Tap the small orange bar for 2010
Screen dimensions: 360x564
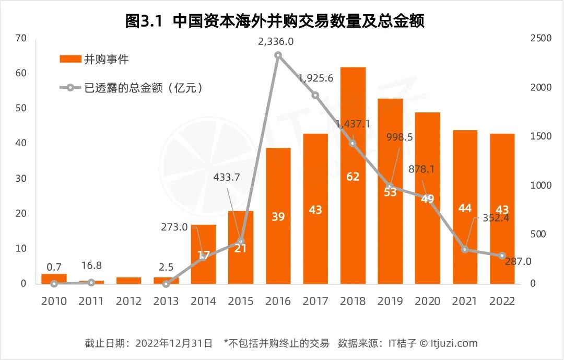coord(54,277)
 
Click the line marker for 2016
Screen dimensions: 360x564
coord(278,55)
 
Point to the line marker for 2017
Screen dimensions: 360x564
coord(315,95)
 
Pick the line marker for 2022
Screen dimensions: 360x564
coord(502,256)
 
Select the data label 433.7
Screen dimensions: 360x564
coord(227,177)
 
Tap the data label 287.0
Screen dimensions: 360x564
coord(518,261)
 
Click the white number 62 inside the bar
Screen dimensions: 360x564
coord(352,177)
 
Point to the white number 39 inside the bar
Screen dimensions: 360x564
coord(278,216)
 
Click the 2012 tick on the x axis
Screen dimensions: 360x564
coord(128,301)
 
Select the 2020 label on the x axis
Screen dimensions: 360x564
coord(428,301)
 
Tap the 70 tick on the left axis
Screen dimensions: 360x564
coord(21,38)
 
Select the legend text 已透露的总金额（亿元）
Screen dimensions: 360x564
coord(143,88)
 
